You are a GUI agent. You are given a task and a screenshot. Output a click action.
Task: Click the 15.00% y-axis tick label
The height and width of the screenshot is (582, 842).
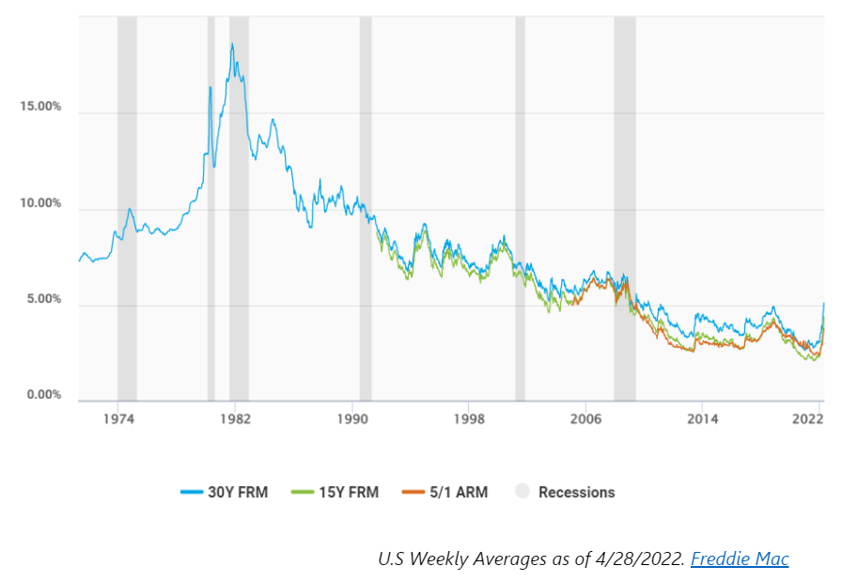(x=40, y=106)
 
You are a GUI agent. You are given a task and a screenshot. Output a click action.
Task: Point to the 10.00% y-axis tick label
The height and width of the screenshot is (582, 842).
(x=40, y=203)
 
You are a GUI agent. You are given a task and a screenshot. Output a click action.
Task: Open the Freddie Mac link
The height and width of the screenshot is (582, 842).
(x=740, y=559)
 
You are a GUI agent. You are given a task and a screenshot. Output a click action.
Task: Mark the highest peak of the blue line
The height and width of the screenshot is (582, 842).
(x=232, y=43)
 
